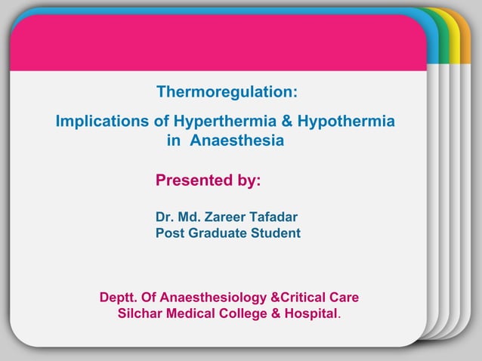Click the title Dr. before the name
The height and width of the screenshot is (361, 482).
coord(165,218)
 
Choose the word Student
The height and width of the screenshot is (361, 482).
coord(277,233)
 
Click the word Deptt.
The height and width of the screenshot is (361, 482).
coord(118,297)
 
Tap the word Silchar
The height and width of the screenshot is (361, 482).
coord(140,313)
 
